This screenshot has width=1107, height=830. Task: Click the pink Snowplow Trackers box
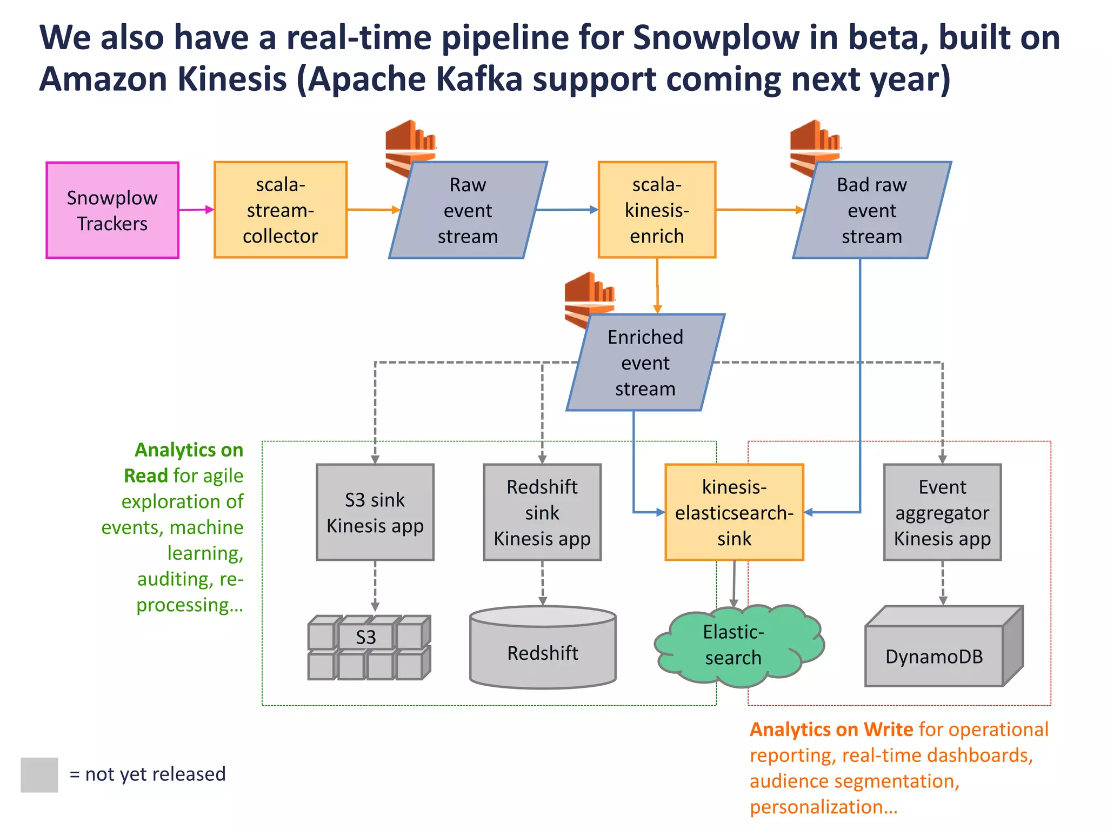click(x=112, y=210)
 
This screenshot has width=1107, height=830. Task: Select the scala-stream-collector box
click(x=280, y=210)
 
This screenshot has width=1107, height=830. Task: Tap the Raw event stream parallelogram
click(x=468, y=210)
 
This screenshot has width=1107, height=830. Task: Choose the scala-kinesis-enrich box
click(x=657, y=210)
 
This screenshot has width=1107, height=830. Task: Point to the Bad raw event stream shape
click(x=871, y=210)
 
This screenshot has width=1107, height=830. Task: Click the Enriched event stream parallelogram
click(x=645, y=363)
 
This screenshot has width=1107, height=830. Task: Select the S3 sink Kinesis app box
click(x=375, y=512)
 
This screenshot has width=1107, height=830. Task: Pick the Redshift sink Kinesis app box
click(x=542, y=512)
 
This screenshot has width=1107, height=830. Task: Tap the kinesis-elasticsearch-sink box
click(x=734, y=512)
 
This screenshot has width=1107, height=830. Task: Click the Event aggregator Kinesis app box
click(x=942, y=512)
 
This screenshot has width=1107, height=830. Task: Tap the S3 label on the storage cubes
click(x=366, y=638)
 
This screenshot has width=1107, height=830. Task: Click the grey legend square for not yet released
click(x=39, y=774)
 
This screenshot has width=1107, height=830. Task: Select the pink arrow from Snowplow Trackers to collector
click(x=196, y=210)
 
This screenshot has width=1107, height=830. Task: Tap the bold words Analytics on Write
click(x=831, y=729)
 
